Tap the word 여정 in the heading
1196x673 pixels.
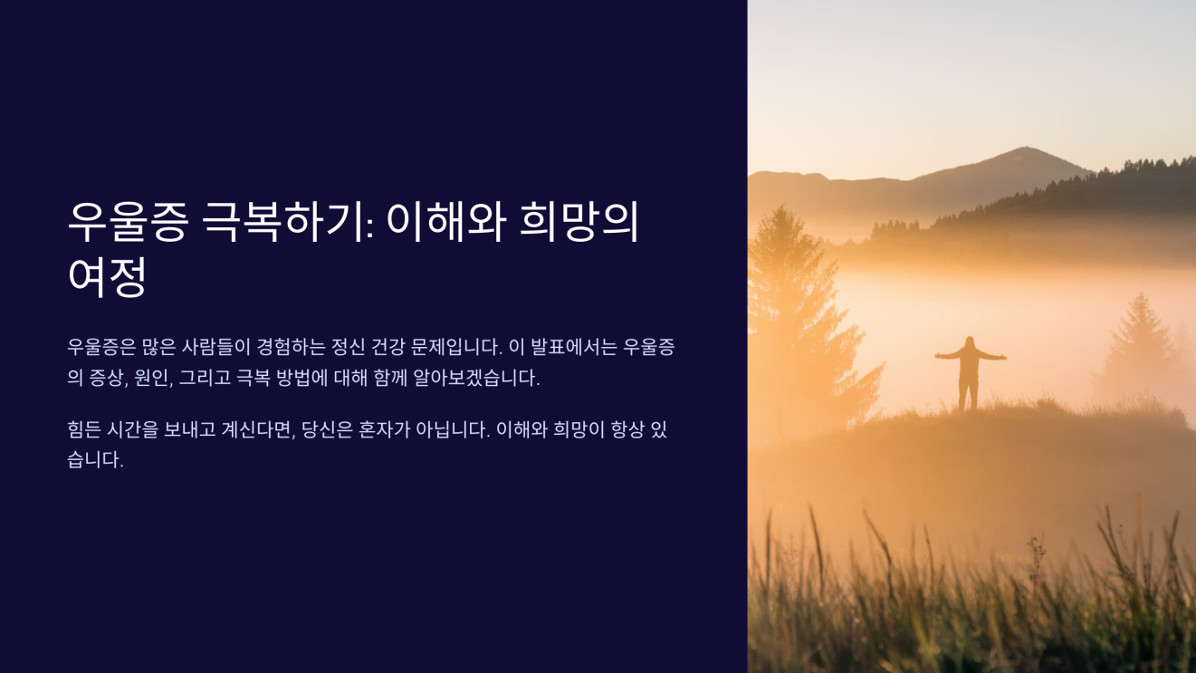click(107, 276)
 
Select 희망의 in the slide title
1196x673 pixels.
click(579, 222)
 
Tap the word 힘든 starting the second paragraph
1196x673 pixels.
click(85, 429)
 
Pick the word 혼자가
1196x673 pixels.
click(384, 429)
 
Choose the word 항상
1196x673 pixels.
click(620, 429)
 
